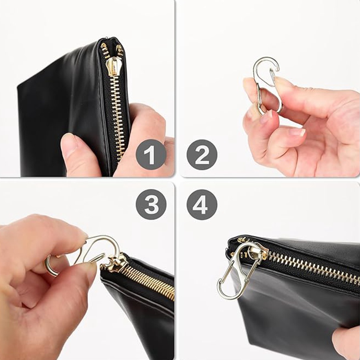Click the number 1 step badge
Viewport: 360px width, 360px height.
point(151,154)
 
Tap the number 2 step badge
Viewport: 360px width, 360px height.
point(202,154)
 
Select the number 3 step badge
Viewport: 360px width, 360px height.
point(151,204)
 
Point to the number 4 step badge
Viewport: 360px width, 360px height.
point(202,204)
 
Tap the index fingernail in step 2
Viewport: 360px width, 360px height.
point(297,132)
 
